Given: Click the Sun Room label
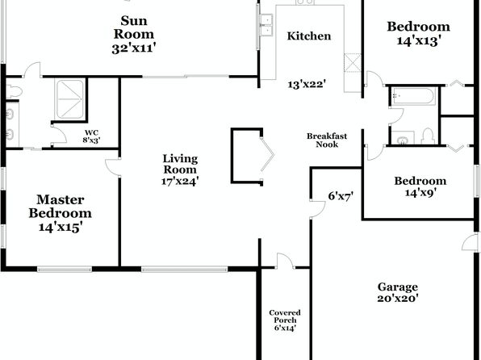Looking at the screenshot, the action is tap(134, 27).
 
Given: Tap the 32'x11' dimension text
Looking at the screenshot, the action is tap(134, 48).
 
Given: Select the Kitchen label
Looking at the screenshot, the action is tap(309, 36).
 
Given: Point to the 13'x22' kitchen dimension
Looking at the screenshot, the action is tap(307, 84).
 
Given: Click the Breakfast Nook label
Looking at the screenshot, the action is tap(327, 140).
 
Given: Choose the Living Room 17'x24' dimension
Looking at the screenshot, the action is tap(181, 181).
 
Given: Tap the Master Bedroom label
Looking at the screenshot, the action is tap(60, 207).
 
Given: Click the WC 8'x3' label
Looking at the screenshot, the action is tap(91, 136).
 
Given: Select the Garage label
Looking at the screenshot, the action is tap(398, 287).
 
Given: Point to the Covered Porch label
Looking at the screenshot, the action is tap(285, 316).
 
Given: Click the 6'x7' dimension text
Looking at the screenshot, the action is tap(341, 196).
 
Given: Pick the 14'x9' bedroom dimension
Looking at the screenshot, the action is tap(420, 192).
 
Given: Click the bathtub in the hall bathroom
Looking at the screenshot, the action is tap(413, 96).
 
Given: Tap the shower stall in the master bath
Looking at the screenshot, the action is tap(70, 98).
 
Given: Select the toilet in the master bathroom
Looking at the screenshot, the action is tap(15, 91).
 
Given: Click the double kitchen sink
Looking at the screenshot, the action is tap(266, 25).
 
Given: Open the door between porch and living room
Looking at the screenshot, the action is tap(285, 261).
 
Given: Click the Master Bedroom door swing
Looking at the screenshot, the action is tap(112, 167).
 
